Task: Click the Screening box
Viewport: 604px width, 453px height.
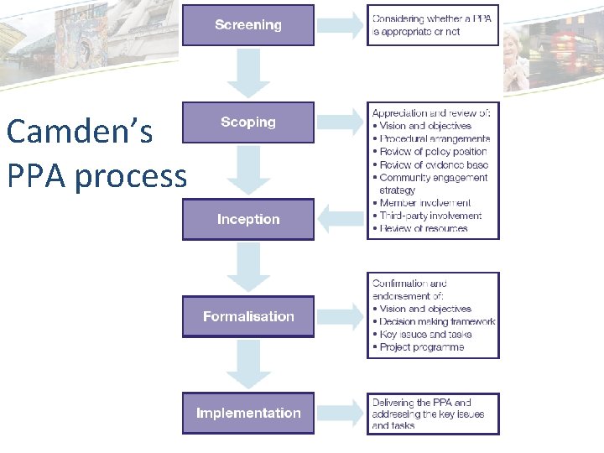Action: tap(248, 25)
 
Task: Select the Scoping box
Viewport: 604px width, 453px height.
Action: tap(248, 122)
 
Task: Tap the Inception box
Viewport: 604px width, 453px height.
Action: tap(248, 220)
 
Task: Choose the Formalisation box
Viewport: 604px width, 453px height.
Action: tap(248, 316)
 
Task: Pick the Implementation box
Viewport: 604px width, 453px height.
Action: tap(248, 414)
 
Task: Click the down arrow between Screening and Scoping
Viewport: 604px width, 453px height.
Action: tap(248, 74)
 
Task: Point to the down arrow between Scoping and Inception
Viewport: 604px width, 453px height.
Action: tap(248, 170)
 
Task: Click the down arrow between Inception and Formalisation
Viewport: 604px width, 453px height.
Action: tap(248, 268)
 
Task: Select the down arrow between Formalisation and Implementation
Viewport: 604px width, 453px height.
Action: tap(248, 365)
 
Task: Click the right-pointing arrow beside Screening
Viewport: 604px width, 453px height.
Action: tap(341, 25)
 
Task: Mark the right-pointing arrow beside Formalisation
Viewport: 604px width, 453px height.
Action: tap(341, 316)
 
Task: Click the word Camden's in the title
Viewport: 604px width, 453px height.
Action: tap(79, 132)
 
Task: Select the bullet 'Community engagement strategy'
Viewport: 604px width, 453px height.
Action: tap(432, 183)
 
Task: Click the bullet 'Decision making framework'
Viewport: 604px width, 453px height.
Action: tap(437, 321)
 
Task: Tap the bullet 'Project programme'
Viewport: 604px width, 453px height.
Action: tap(421, 347)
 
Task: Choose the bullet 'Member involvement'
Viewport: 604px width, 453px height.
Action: tap(424, 203)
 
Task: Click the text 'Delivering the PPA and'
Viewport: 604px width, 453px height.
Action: tap(422, 403)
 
